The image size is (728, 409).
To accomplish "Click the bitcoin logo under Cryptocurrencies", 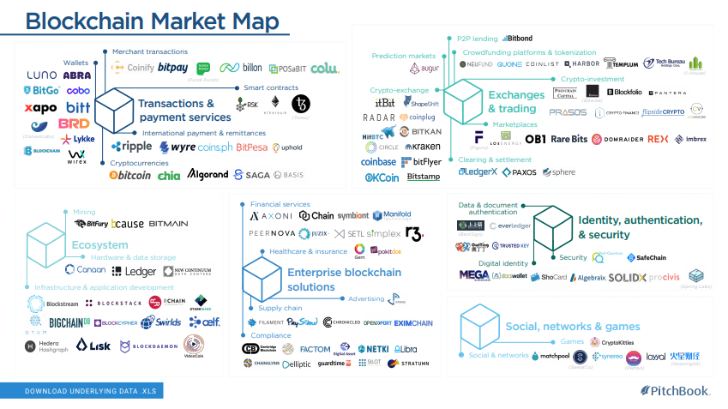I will (130, 175).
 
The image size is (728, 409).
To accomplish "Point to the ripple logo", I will (132, 147).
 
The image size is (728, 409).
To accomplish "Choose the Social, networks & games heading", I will (573, 326).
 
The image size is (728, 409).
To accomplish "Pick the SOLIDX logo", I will (627, 278).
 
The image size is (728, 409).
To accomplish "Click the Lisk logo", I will (93, 345).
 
